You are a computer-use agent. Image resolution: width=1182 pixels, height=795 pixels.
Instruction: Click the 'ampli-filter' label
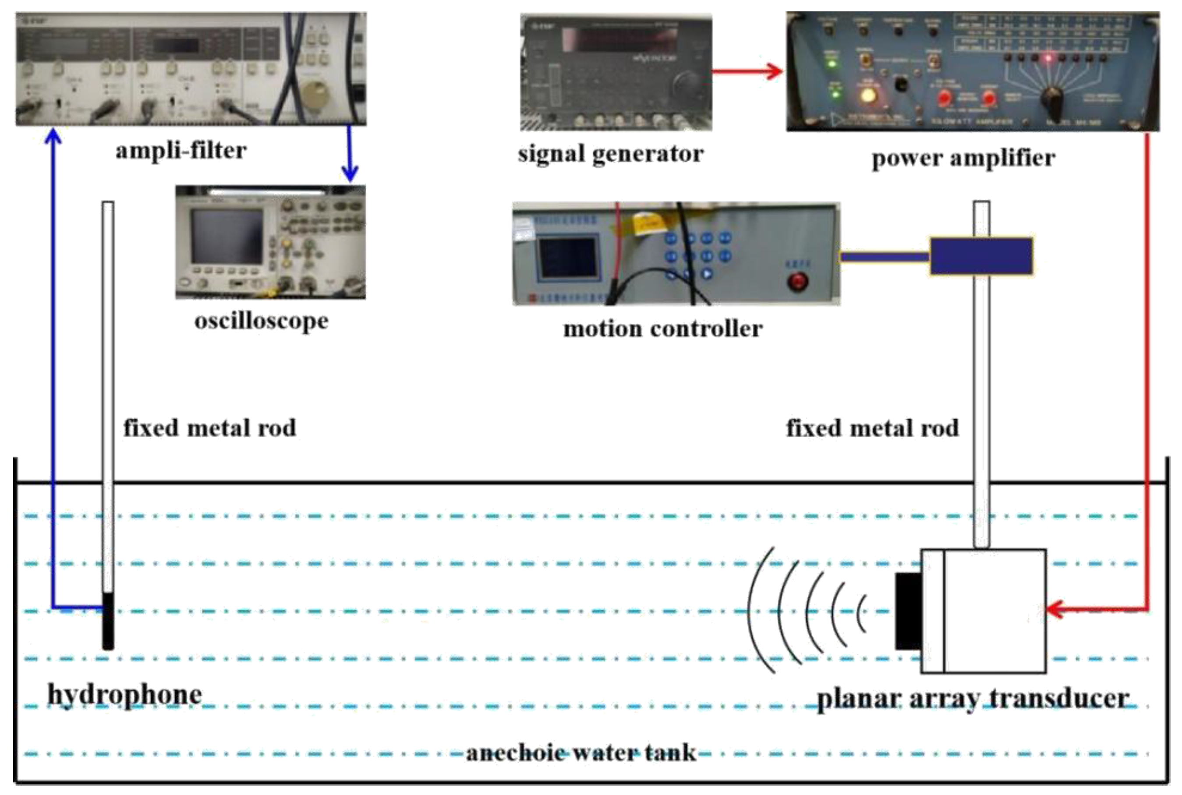[x=181, y=151]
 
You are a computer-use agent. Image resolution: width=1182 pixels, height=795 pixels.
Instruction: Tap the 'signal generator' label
[x=611, y=154]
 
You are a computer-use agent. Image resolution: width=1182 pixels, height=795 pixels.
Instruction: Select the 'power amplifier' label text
[x=963, y=158]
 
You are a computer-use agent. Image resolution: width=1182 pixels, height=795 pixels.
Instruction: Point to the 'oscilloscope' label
[x=261, y=321]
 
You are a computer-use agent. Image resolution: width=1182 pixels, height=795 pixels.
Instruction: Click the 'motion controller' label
[x=663, y=329]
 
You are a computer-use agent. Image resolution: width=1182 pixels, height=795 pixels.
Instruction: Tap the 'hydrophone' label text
[x=125, y=694]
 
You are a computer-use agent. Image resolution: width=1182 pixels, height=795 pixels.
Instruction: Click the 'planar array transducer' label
[x=973, y=698]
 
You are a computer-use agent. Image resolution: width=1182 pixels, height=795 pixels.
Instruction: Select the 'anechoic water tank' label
[x=580, y=753]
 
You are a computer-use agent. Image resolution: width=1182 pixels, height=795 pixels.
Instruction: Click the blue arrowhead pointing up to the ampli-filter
[x=53, y=137]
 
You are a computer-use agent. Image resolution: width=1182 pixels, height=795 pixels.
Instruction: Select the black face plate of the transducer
[x=908, y=611]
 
